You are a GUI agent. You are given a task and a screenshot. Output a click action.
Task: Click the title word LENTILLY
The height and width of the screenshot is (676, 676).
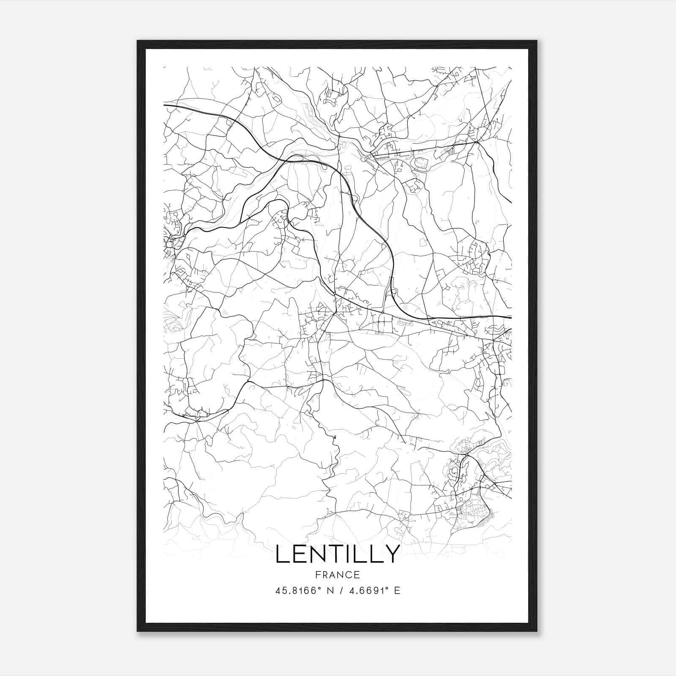click(338, 553)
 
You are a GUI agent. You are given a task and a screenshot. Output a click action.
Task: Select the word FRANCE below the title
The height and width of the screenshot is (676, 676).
click(338, 575)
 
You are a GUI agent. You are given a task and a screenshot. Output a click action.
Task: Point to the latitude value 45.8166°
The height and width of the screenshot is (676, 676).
click(295, 591)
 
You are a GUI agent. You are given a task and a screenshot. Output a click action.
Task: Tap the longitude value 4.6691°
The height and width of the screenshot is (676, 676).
click(368, 591)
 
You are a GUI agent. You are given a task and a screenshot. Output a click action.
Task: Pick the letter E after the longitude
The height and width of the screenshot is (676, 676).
click(397, 591)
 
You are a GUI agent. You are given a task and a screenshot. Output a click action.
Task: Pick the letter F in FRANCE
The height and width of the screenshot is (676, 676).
click(318, 575)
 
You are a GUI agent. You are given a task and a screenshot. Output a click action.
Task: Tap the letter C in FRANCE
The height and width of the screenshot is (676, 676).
click(349, 575)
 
